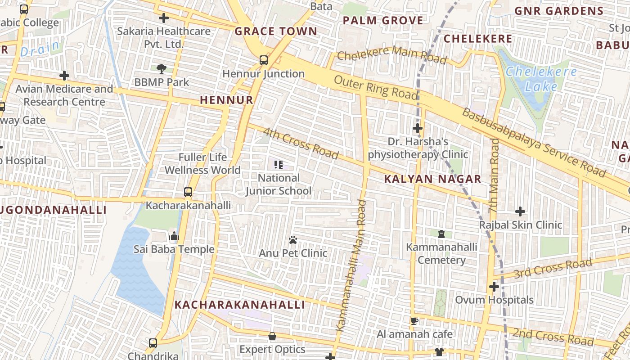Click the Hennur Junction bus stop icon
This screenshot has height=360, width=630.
[x=264, y=60]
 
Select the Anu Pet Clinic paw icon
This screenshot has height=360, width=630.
[x=293, y=240]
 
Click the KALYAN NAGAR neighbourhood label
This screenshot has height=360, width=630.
[x=432, y=179]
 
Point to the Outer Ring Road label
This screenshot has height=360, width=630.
[x=376, y=87]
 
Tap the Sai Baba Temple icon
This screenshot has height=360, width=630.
[x=174, y=236]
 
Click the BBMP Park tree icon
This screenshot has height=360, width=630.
[x=162, y=69]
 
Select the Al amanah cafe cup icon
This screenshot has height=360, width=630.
[x=414, y=321]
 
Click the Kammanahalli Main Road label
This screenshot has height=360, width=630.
[x=351, y=265]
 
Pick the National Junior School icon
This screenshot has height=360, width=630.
[x=279, y=165]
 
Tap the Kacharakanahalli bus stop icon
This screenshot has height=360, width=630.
[x=188, y=192]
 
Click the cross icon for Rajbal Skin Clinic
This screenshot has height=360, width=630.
[x=520, y=211]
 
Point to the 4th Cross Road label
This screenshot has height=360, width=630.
[x=300, y=144]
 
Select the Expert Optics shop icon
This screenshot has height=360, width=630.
[x=272, y=336]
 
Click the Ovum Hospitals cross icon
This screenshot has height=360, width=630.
[x=494, y=286]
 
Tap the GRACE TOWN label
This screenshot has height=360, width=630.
[x=276, y=31]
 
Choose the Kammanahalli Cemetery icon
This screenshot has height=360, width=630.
[x=441, y=234]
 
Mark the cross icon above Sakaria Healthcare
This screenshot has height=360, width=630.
[x=164, y=18]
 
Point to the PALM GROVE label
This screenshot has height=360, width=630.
[x=383, y=20]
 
